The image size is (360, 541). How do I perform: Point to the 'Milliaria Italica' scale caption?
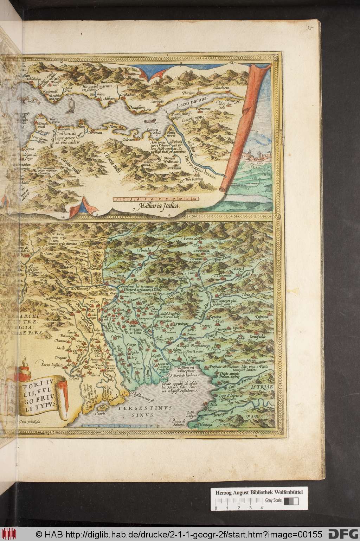[159, 207]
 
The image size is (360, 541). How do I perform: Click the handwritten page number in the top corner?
[309, 28]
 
